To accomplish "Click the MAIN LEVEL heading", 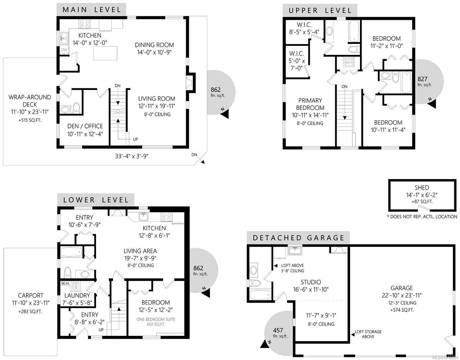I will [92, 10].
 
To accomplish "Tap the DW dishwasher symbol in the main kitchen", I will [64, 50].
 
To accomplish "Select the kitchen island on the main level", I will [105, 53].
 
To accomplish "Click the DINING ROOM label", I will [154, 45].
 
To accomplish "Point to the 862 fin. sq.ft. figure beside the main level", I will [216, 90].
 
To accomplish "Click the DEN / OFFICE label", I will [85, 126].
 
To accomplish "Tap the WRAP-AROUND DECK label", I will [30, 101].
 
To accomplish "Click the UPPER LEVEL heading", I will [320, 10].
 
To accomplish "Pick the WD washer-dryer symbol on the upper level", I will [349, 62].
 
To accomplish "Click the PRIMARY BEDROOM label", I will [310, 104].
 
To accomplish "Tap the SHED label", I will [422, 188].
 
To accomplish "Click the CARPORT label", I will [31, 295].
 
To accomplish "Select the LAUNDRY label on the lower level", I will [77, 296].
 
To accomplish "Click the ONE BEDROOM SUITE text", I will [156, 319].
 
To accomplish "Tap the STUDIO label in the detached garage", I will [311, 282].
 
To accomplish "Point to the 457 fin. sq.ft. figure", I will [278, 330].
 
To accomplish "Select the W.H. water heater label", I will [65, 283].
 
